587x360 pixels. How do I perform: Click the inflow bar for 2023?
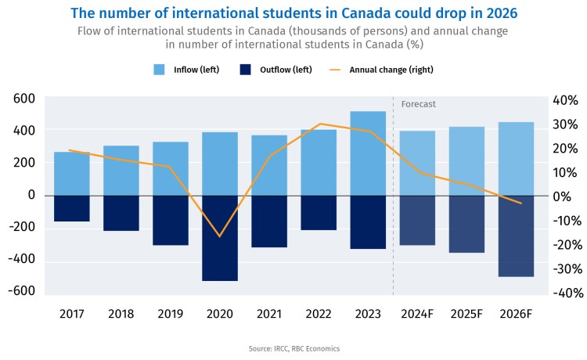[x=368, y=153]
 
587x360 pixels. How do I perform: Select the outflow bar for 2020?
[x=220, y=238]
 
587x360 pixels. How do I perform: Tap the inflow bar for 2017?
[x=71, y=173]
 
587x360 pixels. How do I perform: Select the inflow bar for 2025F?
[x=466, y=160]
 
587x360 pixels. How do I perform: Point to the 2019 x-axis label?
[x=171, y=314]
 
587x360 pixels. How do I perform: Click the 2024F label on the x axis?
[x=417, y=314]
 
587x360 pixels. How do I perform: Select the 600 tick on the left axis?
[x=24, y=98]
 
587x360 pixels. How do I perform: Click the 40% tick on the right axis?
[x=564, y=101]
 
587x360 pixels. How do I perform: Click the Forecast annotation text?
[x=418, y=104]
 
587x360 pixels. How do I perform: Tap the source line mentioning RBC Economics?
[x=293, y=348]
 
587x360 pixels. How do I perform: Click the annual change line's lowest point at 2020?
[x=220, y=236]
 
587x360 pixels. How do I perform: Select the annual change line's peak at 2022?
[x=319, y=124]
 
